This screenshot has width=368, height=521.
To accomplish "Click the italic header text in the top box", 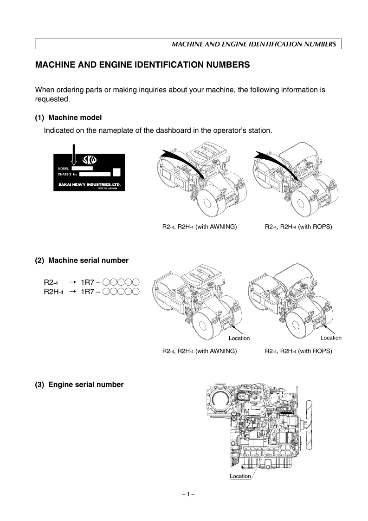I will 254,45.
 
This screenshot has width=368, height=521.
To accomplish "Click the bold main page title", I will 143,65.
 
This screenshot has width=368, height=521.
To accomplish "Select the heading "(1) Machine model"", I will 68,118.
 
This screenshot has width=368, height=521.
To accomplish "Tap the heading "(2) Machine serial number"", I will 82,261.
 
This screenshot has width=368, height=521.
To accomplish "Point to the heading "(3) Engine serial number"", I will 79,384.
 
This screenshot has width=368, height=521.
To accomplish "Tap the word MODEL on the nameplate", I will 63,169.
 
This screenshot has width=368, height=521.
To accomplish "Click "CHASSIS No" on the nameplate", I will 67,175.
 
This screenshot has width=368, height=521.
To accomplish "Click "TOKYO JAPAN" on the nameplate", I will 107,189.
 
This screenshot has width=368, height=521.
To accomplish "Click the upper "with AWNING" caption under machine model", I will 197,227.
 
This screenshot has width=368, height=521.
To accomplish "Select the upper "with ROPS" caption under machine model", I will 298,227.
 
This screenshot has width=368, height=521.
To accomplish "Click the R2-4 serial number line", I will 91,282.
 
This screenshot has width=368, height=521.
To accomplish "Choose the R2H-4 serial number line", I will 91,292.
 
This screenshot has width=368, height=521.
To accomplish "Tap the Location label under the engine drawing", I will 240,476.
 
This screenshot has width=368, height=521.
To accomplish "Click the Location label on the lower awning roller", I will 239,338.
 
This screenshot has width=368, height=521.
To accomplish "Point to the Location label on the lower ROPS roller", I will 331,338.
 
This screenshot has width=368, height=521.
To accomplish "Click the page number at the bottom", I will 188,495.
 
